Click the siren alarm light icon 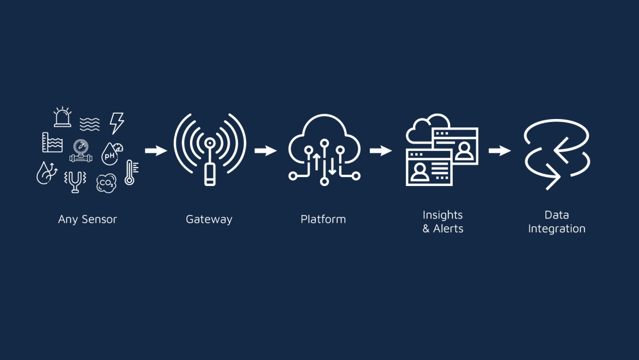[62, 117]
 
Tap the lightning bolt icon [117, 123]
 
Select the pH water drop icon [111, 153]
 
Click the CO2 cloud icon [106, 183]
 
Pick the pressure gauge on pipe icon [81, 150]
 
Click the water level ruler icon [52, 143]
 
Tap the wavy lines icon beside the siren [89, 124]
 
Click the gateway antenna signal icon [209, 150]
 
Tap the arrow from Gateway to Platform [266, 151]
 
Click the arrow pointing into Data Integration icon [500, 151]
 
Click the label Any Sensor [88, 219]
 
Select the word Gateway [209, 219]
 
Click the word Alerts [448, 229]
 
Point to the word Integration [557, 229]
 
